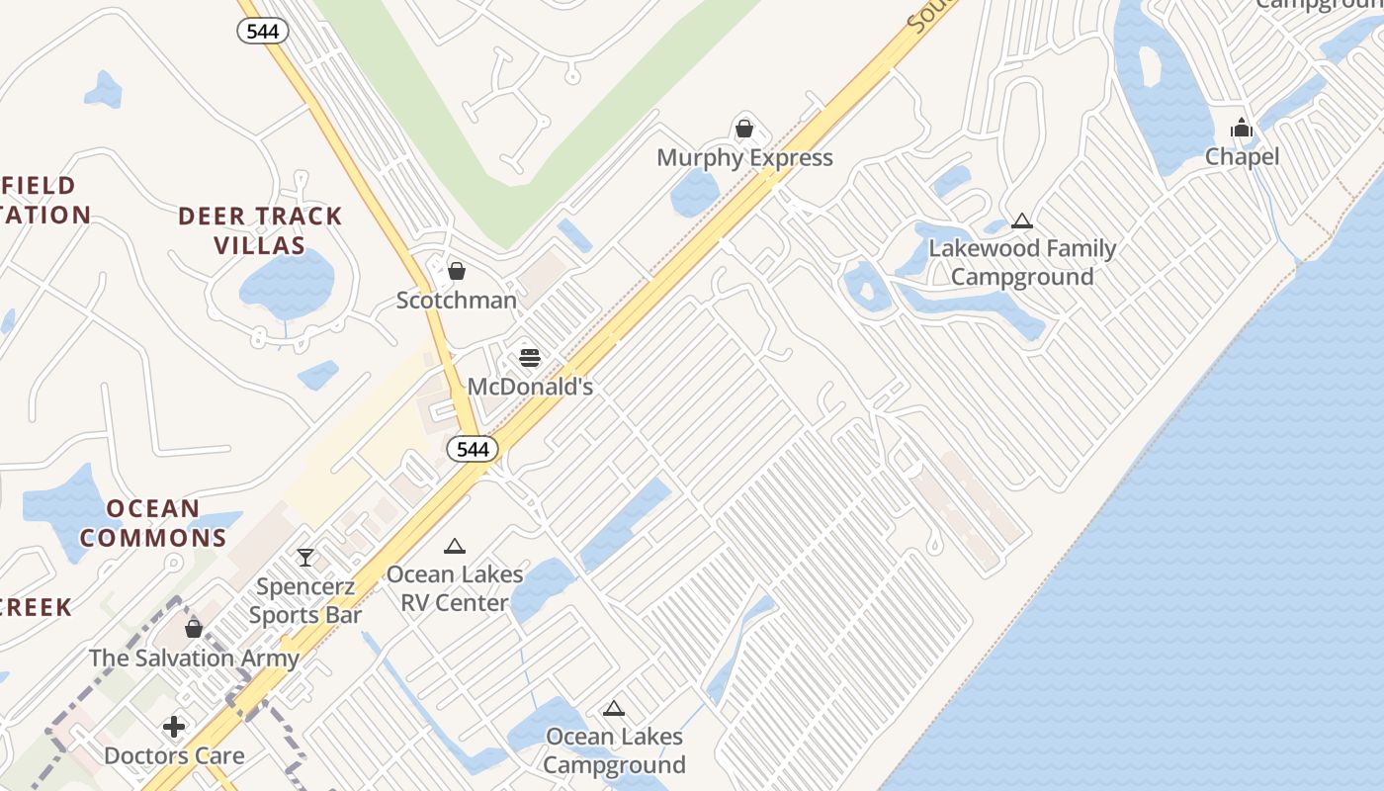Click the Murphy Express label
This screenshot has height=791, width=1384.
(744, 158)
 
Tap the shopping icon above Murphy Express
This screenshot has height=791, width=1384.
(744, 129)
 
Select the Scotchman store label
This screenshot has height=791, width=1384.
(457, 300)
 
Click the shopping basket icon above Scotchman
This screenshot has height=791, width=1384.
(457, 271)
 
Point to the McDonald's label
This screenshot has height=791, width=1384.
(530, 387)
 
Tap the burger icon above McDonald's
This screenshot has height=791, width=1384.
(530, 357)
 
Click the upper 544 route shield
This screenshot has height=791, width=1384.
(262, 31)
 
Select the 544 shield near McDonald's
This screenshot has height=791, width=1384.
(473, 449)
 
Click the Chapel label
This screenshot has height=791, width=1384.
(1242, 157)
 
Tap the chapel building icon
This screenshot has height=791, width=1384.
(1242, 129)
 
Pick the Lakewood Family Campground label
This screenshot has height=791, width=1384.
(1022, 262)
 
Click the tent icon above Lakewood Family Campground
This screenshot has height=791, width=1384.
(1022, 221)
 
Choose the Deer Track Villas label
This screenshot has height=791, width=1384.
(260, 230)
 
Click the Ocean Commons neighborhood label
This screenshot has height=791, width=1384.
(153, 523)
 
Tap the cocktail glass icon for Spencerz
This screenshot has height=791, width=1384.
(305, 558)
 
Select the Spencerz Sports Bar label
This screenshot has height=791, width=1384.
(305, 600)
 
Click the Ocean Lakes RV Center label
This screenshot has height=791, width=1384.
(448, 588)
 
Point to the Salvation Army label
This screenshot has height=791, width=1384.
(194, 658)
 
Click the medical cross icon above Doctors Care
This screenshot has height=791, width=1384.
(174, 728)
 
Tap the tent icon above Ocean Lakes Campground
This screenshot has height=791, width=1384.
(614, 708)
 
